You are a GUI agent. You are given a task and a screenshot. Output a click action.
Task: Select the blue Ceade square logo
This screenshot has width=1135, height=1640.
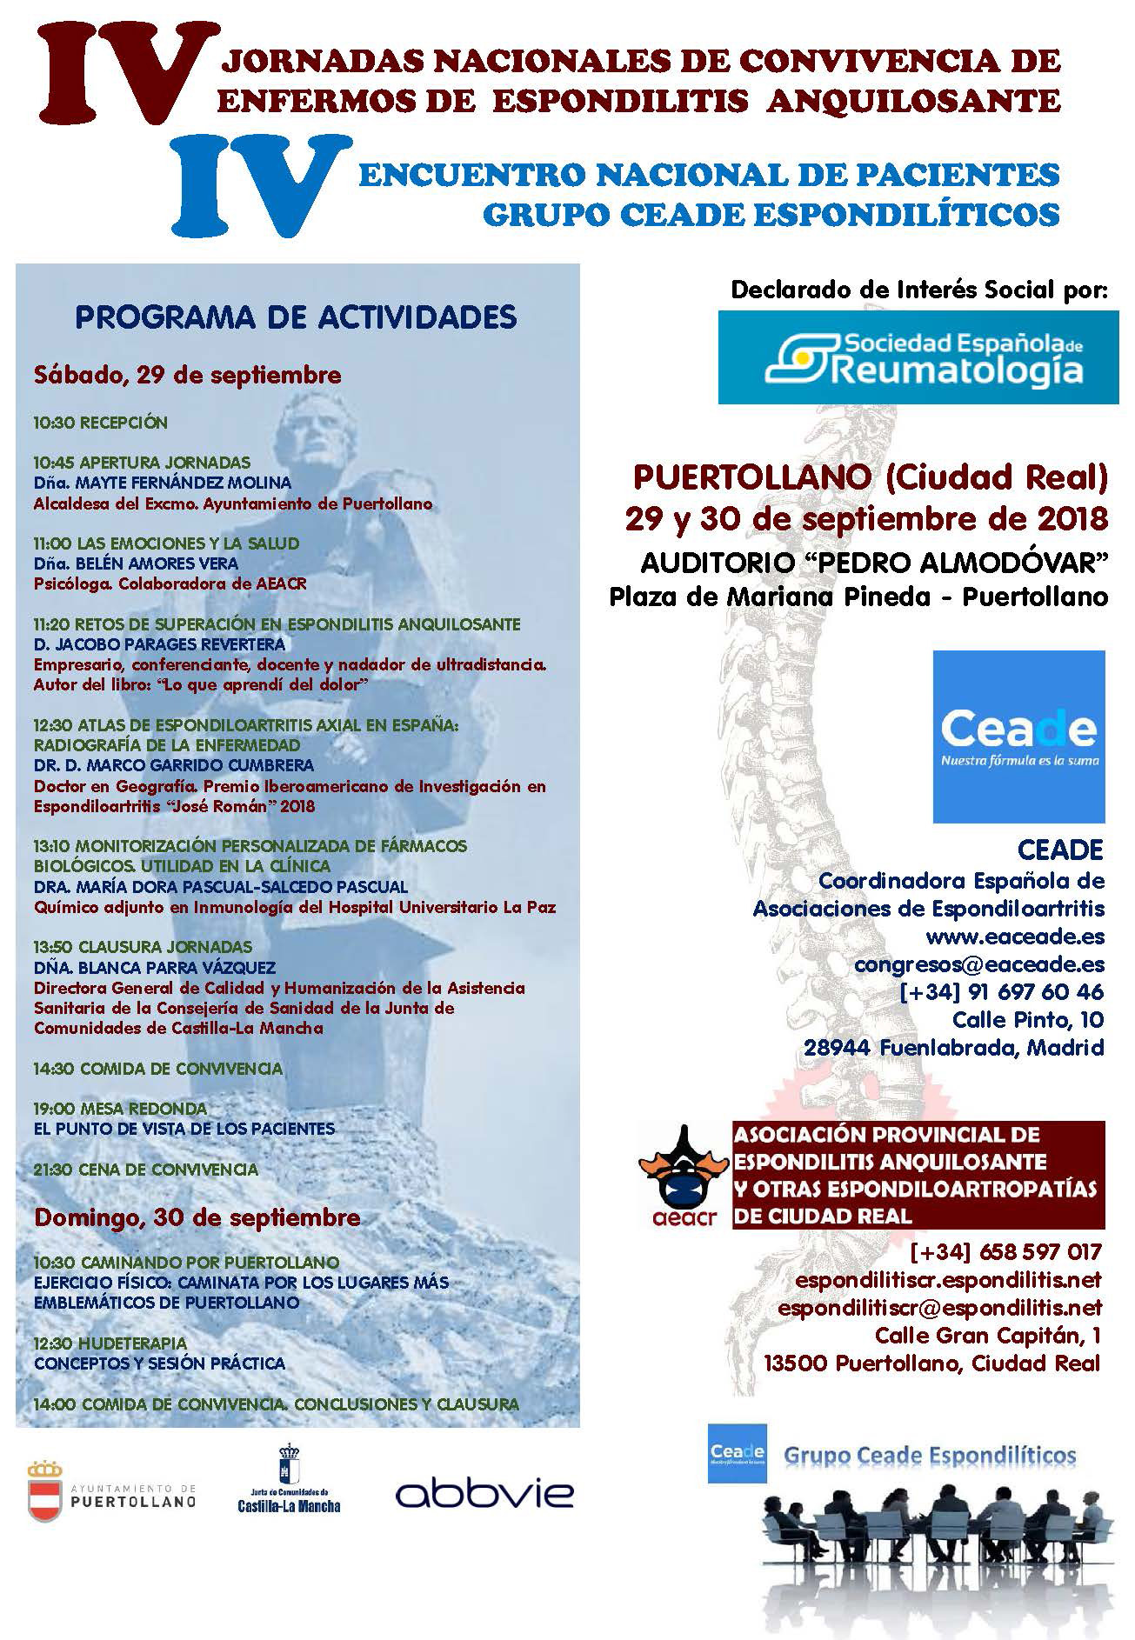1018,736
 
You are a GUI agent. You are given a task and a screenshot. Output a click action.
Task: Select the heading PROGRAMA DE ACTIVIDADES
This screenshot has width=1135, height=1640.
296,317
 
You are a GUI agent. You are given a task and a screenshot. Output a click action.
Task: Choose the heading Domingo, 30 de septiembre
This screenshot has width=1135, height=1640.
197,1217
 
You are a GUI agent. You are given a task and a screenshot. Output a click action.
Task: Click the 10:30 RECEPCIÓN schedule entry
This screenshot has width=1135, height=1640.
101,423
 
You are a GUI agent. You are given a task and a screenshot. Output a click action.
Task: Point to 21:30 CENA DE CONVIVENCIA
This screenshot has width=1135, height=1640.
146,1170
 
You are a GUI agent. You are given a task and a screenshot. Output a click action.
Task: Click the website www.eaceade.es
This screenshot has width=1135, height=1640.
1015,937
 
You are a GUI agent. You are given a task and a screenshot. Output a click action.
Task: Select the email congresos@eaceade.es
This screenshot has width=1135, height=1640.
979,964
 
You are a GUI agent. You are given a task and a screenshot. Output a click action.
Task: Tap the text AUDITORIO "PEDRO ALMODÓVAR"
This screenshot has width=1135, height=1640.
873,563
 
